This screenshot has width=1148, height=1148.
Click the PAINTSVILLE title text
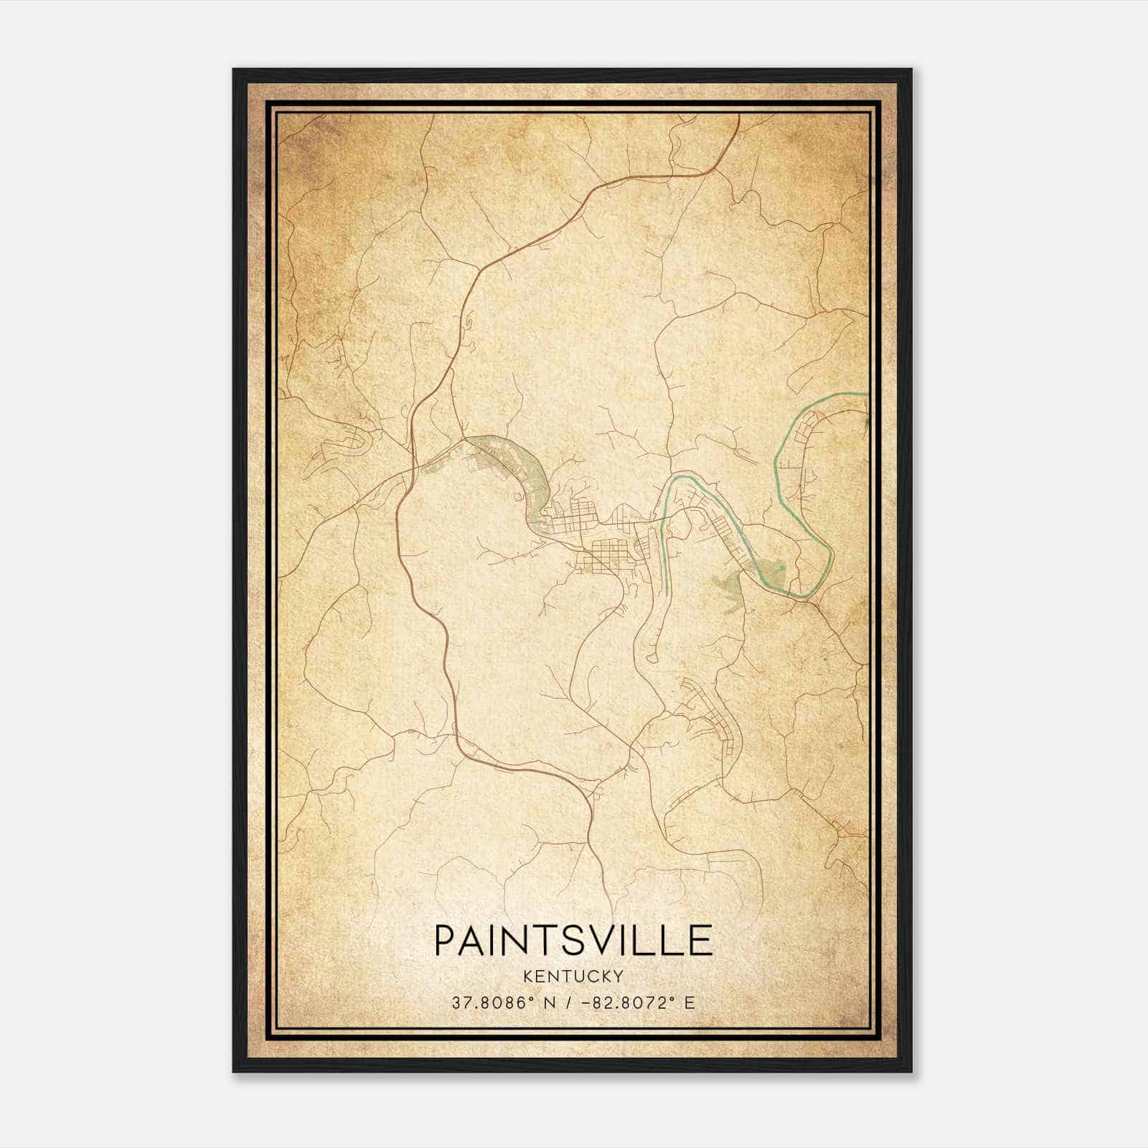(573, 941)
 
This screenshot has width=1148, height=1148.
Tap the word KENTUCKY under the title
(573, 976)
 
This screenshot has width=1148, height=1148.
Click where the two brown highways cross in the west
(410, 470)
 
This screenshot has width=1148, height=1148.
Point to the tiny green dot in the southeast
(826, 657)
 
